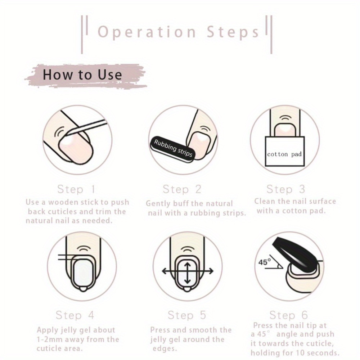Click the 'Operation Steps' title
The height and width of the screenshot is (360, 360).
pyautogui.click(x=179, y=32)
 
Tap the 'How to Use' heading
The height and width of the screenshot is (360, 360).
pyautogui.click(x=82, y=75)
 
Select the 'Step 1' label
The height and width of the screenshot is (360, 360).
pyautogui.click(x=76, y=189)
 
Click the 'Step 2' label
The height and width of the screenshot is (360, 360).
pyautogui.click(x=182, y=189)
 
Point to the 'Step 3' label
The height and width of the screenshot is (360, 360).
pyautogui.click(x=285, y=189)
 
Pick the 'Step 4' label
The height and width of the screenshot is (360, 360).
pyautogui.click(x=75, y=315)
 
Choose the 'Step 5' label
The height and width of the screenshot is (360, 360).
pyautogui.click(x=186, y=315)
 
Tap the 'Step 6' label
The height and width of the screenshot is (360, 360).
pyautogui.click(x=289, y=315)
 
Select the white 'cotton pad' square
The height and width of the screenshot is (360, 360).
pyautogui.click(x=285, y=151)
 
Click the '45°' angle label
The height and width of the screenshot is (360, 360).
pyautogui.click(x=265, y=262)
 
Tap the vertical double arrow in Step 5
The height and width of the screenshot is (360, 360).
pyautogui.click(x=188, y=273)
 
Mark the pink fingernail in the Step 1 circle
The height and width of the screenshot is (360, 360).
pyautogui.click(x=76, y=149)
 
